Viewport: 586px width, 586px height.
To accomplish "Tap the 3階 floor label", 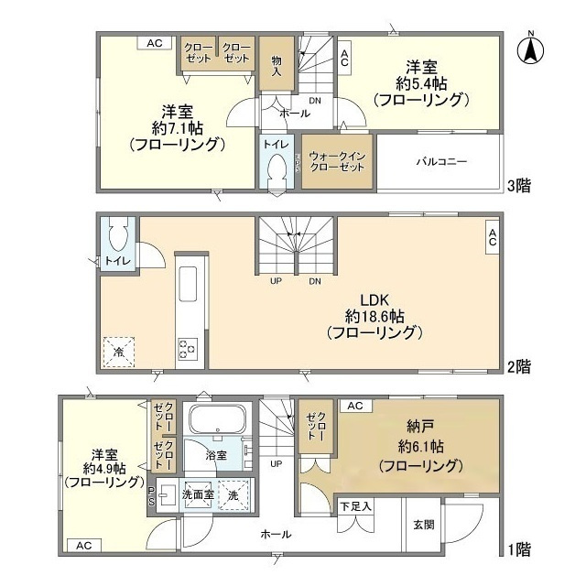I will pos(520,184).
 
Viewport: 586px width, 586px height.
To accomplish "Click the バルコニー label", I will pos(441,161).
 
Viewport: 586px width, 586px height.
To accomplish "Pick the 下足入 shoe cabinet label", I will pos(355,505).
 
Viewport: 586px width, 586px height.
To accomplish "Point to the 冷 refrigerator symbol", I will pos(120,350).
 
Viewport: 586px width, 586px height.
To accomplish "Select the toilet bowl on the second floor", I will pos(116,236).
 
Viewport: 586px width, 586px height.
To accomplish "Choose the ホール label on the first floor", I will pos(276,534).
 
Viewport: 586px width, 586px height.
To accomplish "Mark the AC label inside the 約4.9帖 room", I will pos(84,546).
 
